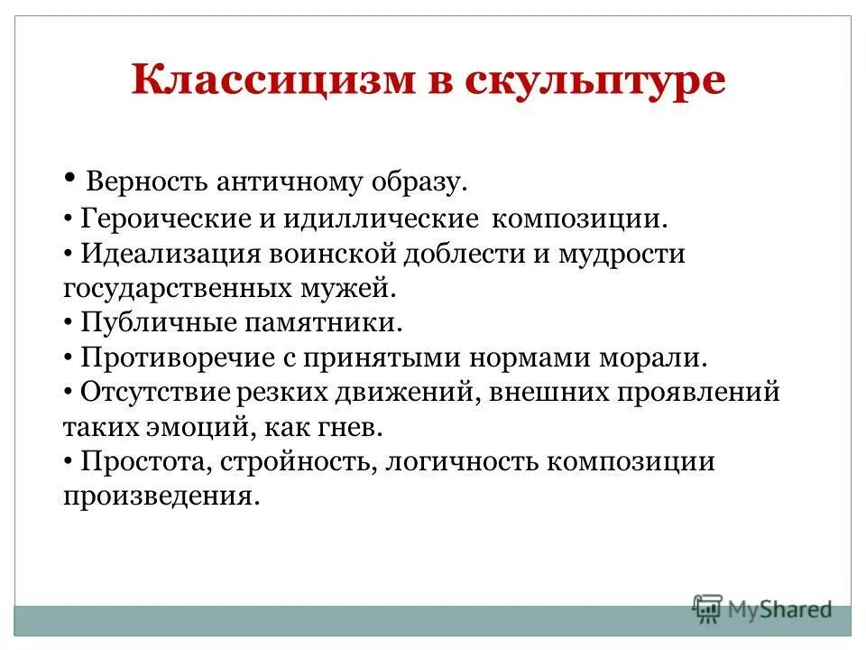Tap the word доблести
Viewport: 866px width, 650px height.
click(474, 254)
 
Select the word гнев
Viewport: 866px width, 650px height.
click(364, 427)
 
